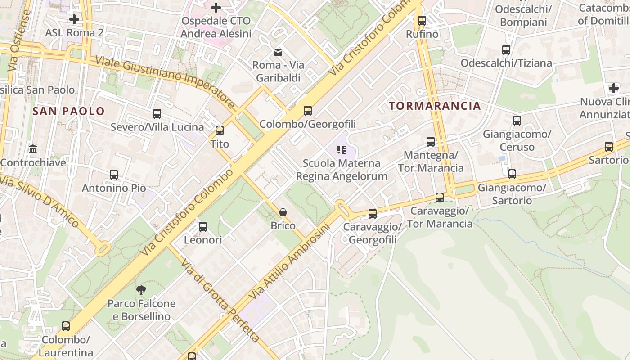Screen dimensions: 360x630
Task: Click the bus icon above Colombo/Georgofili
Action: point(308,111)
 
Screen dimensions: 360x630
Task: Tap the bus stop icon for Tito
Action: point(220,130)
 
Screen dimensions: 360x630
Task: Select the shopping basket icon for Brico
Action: point(283,212)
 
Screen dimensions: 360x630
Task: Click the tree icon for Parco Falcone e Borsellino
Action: point(141,290)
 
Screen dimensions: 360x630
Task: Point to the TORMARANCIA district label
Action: point(435,106)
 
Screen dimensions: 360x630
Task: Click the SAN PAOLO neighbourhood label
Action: point(68,112)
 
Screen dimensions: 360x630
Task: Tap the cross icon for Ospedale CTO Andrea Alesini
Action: point(216,8)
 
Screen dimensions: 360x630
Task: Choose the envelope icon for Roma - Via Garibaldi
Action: point(278,52)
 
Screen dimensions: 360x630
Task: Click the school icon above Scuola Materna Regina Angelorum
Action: point(341,149)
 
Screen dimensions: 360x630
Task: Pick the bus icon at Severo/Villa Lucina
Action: point(157,114)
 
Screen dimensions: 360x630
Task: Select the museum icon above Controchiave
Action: point(33,149)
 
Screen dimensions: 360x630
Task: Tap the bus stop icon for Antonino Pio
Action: point(114,175)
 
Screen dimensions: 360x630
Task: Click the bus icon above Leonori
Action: point(203,227)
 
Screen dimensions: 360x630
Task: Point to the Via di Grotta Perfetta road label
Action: point(220,300)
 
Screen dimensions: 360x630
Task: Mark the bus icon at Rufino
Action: point(422,21)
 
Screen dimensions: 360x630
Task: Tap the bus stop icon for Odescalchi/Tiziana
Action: point(506,50)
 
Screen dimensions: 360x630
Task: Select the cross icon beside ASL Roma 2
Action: point(74,19)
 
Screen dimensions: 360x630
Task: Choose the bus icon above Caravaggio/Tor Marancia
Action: point(440,198)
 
